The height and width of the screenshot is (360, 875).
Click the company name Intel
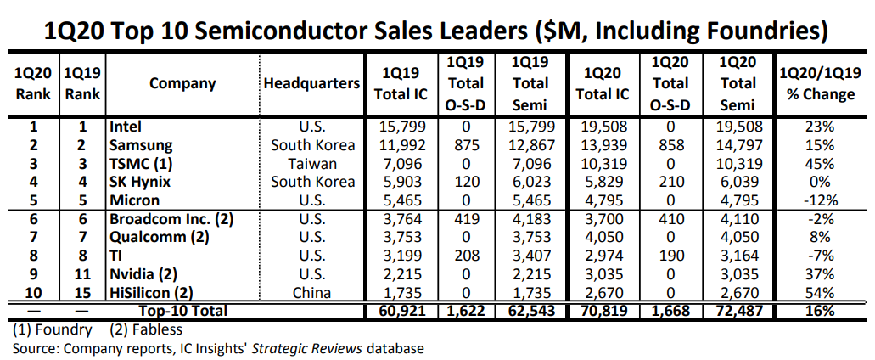[x=125, y=127]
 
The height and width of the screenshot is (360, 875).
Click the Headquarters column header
[x=311, y=83]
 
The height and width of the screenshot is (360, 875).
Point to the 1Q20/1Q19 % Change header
[x=821, y=83]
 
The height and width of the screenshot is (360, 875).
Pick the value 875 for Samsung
[x=466, y=145]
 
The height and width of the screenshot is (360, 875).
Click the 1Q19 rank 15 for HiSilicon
[x=82, y=293]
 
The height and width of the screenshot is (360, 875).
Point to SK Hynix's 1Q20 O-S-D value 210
[x=670, y=182]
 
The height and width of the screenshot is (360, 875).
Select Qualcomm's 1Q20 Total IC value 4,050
[x=602, y=238]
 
